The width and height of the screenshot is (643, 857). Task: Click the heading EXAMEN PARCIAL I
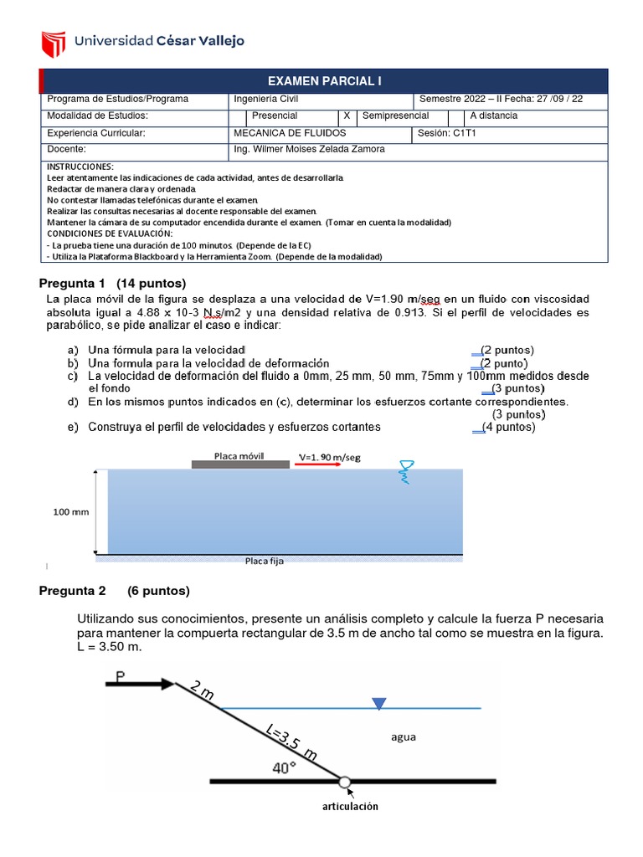(x=324, y=81)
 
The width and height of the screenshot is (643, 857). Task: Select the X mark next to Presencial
(x=347, y=115)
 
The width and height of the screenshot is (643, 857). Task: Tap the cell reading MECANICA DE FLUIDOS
(x=290, y=133)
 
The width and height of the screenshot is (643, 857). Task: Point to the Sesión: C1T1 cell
(x=445, y=133)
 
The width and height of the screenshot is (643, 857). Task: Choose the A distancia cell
(x=494, y=115)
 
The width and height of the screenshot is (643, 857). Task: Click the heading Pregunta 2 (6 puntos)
(x=115, y=591)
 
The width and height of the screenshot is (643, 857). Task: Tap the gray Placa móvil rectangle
(x=239, y=462)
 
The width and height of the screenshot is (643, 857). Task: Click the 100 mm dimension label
(x=71, y=511)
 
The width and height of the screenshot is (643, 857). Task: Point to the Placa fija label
(x=264, y=562)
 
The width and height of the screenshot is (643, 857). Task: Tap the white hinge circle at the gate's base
(x=345, y=782)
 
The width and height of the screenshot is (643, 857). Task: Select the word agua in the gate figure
(x=403, y=737)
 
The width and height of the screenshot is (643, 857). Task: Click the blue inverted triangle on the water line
(x=379, y=703)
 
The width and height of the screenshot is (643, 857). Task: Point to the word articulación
(x=350, y=806)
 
